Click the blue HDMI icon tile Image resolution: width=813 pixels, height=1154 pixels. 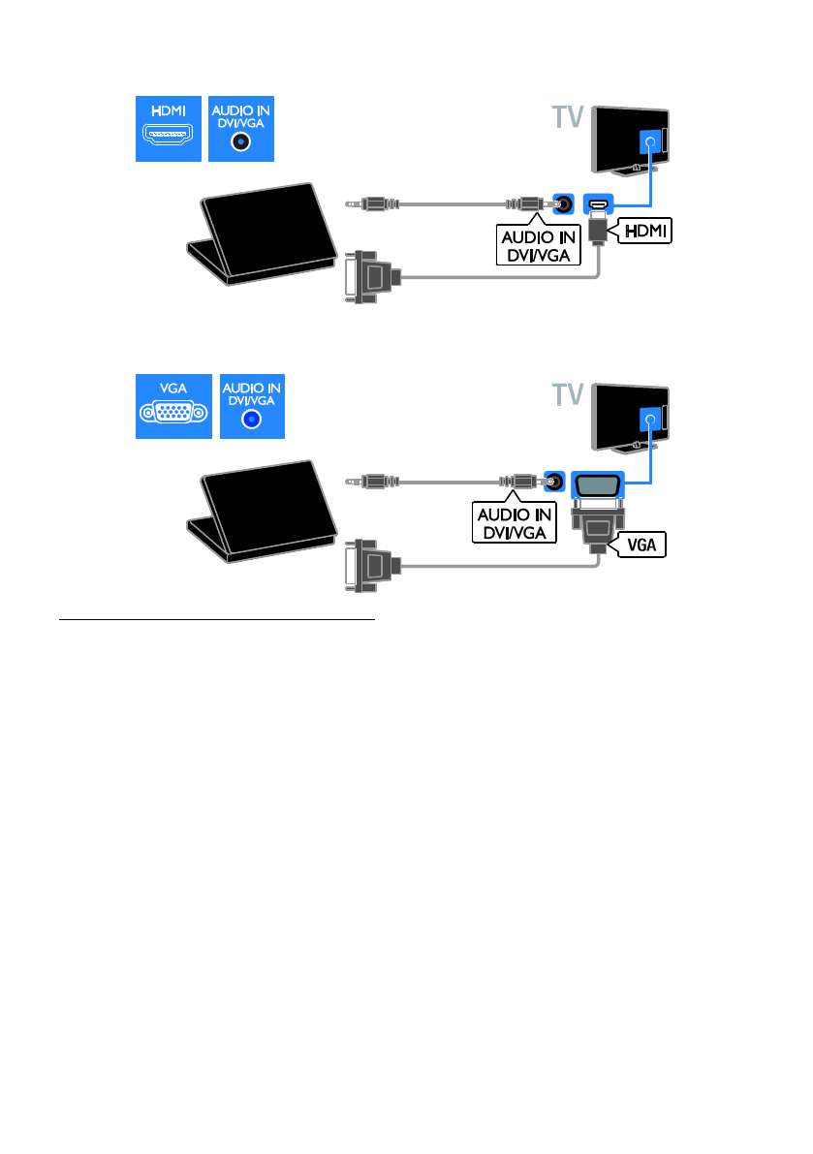coord(168,128)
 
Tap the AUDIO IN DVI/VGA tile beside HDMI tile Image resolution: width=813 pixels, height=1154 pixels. coord(241,128)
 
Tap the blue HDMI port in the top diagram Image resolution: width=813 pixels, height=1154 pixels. coord(596,205)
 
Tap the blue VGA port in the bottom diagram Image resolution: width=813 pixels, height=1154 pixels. coord(598,482)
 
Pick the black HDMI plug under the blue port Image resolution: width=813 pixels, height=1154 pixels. coord(597,231)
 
